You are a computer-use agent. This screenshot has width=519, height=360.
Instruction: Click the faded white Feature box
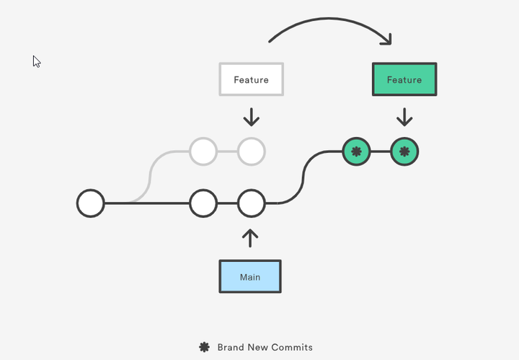coord(251,79)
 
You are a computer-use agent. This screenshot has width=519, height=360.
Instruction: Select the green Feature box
coord(404,79)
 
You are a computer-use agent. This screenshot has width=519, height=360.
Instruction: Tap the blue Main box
coord(250,277)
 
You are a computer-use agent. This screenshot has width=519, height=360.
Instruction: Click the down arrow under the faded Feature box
coord(251,117)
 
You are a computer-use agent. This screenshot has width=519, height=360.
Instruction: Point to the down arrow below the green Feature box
coord(404,117)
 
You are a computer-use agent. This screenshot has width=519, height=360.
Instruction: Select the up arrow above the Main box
coord(250,238)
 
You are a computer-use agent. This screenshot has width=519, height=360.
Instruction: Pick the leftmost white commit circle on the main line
coord(91,203)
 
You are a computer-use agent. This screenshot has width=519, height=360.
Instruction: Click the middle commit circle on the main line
coord(203,203)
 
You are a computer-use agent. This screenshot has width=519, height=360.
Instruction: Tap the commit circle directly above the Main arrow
coord(252,203)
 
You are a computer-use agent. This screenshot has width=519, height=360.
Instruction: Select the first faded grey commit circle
coord(203,152)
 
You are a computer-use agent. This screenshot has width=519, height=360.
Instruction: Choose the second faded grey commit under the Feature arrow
coord(252,152)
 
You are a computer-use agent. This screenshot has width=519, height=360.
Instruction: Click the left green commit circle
coord(356,152)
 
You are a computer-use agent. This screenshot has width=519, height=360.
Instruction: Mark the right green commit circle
coord(404,152)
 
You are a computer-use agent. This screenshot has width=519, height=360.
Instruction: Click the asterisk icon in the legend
coord(204,347)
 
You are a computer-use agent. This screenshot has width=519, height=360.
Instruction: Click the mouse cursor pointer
coord(36,61)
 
